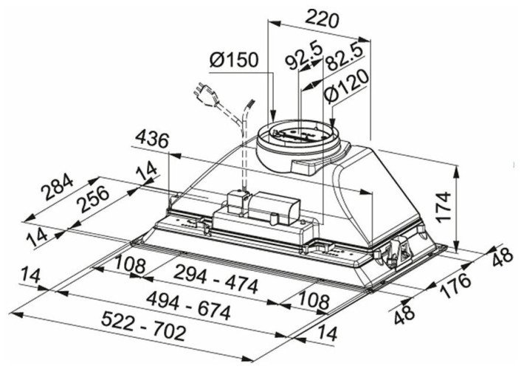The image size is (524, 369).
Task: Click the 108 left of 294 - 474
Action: pyautogui.click(x=130, y=263)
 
